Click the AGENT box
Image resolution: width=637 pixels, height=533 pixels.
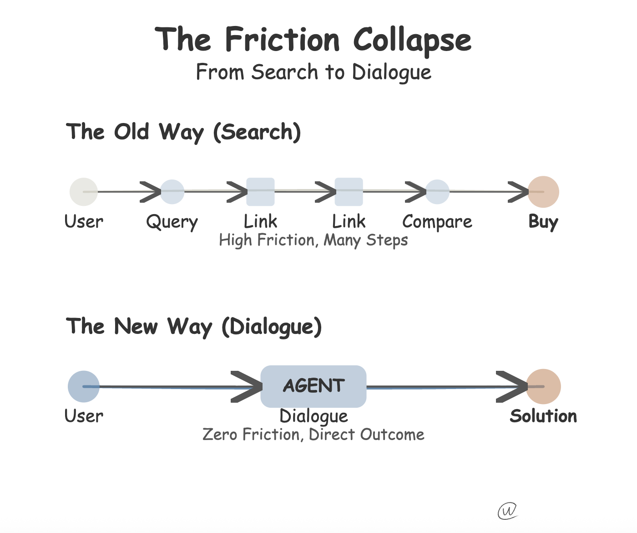point(313,386)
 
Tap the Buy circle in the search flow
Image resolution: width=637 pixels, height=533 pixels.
point(543,192)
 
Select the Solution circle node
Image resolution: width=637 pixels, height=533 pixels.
point(543,386)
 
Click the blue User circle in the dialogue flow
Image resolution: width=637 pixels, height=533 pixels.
point(84,386)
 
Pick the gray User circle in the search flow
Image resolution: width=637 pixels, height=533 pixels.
point(84,192)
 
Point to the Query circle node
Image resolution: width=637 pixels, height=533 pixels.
point(172,192)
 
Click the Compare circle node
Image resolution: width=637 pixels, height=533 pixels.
point(437,192)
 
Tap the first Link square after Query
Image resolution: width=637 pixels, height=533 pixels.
point(260,192)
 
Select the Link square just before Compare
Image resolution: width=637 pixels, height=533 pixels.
point(349,192)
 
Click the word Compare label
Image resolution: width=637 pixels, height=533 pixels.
point(437,222)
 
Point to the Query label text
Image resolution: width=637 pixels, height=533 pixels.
point(172,222)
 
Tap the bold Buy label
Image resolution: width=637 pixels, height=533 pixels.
point(543,222)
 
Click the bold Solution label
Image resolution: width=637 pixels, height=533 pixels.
point(543,416)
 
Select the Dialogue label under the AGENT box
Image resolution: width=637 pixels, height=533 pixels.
point(313,416)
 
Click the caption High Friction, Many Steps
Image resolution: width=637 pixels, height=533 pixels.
point(313,240)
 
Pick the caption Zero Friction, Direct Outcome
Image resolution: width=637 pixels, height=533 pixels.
point(313,435)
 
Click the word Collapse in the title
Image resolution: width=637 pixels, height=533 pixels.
point(412,40)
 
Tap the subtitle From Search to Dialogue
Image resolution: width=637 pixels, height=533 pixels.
point(313,72)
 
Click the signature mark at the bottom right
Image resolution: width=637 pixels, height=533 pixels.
point(507,511)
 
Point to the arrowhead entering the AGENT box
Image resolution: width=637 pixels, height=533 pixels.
point(248,387)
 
